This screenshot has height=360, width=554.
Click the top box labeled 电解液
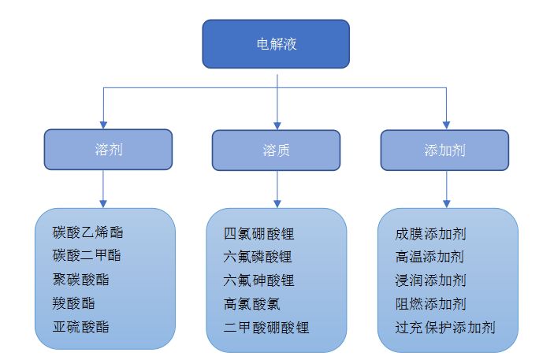(x=276, y=43)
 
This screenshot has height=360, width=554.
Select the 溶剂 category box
(x=108, y=150)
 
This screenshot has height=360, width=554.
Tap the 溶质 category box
(x=276, y=150)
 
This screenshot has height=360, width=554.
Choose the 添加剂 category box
(x=444, y=150)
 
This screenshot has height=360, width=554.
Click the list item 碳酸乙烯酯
(x=87, y=232)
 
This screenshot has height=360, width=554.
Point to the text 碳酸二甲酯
(x=87, y=256)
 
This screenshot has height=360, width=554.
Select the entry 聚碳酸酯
(x=81, y=280)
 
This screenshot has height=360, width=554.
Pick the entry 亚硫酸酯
(x=81, y=327)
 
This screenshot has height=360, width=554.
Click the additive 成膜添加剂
(x=430, y=234)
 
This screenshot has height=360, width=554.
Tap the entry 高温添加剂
(x=430, y=257)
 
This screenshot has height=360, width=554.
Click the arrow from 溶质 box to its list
(x=276, y=189)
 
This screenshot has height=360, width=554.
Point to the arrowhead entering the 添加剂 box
(x=446, y=124)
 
